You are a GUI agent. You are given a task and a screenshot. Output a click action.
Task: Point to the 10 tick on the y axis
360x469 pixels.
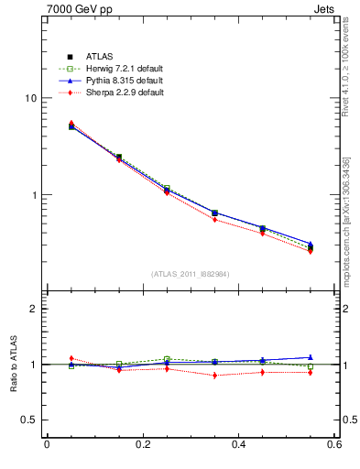coord(31,98)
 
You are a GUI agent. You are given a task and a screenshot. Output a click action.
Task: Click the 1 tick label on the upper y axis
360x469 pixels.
coord(34,195)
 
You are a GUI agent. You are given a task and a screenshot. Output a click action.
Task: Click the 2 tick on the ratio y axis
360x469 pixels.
coord(34,309)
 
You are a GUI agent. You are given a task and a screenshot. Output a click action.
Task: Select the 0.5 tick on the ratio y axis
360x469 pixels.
coord(29,420)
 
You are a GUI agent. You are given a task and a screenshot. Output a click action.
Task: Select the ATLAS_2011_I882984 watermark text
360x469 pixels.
coord(191,274)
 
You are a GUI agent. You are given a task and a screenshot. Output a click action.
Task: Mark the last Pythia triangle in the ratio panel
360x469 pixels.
coord(311,357)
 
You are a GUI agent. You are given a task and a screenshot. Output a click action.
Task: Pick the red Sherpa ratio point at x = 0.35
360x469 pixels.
coord(214,376)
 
